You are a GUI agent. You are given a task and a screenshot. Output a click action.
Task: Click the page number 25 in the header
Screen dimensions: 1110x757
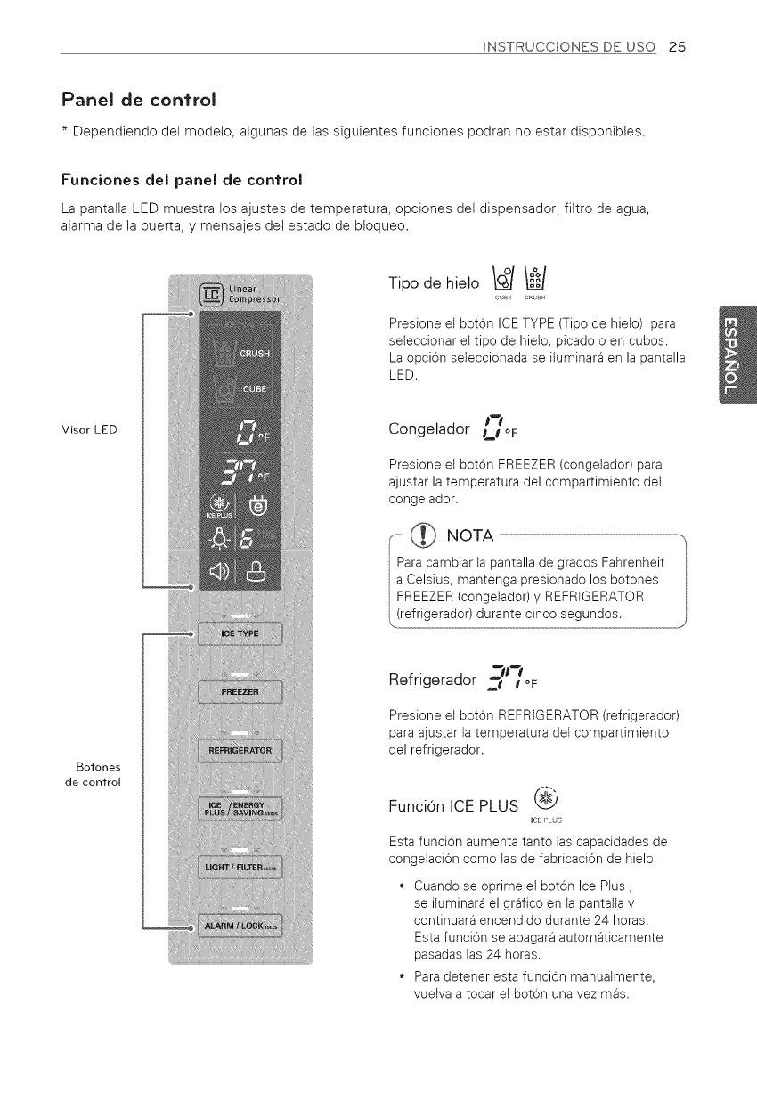pos(677,47)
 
